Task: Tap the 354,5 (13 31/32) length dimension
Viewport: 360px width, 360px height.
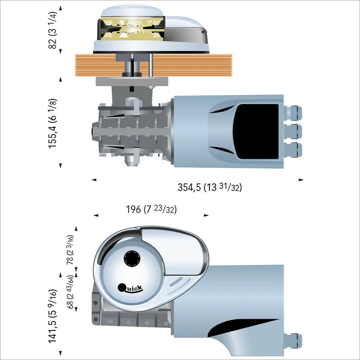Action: (x=210, y=187)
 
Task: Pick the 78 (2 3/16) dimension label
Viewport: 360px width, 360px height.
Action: (x=70, y=250)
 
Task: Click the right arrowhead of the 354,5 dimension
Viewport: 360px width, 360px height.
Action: (x=301, y=180)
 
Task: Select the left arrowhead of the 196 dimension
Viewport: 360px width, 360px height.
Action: (x=96, y=216)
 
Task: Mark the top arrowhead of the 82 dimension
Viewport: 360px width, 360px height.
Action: (x=60, y=8)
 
